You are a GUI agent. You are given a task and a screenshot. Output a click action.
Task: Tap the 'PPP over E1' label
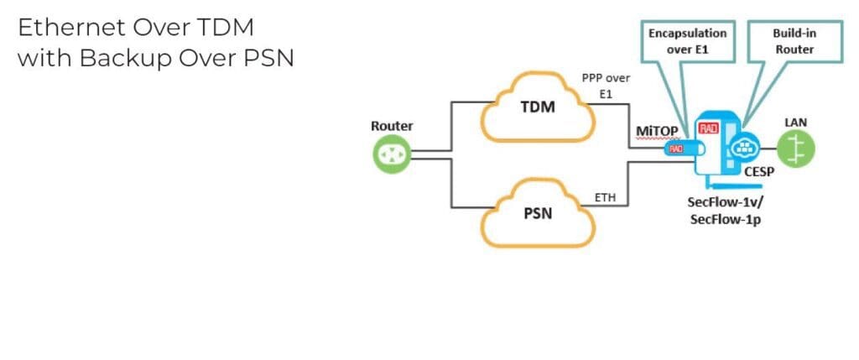tap(605, 85)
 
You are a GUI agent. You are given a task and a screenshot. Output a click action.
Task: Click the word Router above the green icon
tap(392, 127)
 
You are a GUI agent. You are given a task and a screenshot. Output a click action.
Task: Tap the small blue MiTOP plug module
tap(677, 149)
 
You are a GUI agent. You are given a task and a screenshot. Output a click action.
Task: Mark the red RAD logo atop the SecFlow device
tap(710, 129)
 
